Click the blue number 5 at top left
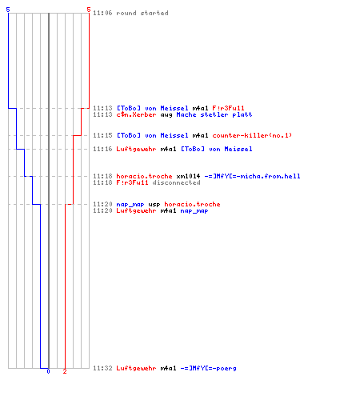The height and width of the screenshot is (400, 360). click(8, 10)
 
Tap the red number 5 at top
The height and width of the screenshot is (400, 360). click(89, 10)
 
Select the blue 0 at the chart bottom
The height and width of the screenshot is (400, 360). click(48, 371)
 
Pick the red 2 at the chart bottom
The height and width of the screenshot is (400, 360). click(65, 371)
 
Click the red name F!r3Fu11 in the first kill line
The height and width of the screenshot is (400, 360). click(228, 108)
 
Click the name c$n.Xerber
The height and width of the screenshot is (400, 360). click(136, 114)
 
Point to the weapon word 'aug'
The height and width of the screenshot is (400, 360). click(166, 115)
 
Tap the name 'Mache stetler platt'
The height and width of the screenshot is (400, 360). click(214, 114)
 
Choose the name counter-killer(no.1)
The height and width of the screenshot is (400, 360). click(252, 135)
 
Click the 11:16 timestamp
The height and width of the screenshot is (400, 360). click(102, 149)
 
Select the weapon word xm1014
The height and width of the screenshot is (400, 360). click(188, 176)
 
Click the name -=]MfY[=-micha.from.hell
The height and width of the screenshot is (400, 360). click(252, 176)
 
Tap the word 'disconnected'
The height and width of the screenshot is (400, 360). click(176, 182)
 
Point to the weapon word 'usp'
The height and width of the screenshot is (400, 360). click(154, 205)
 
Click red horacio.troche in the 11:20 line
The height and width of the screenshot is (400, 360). click(192, 204)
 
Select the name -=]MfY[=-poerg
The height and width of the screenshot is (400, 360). click(208, 368)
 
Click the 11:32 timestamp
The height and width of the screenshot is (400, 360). click(102, 368)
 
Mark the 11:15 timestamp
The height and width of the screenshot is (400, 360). click(102, 135)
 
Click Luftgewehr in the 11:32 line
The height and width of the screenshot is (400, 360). click(136, 368)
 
